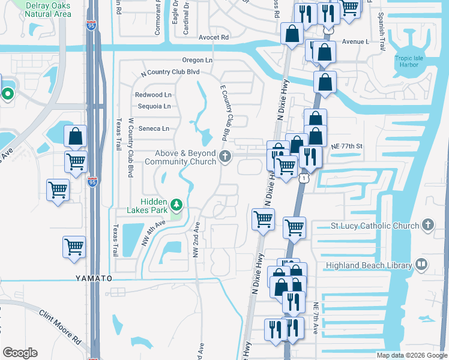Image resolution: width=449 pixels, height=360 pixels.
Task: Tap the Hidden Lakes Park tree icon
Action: click(176, 206)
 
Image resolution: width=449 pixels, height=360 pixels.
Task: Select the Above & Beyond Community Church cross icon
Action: click(225, 157)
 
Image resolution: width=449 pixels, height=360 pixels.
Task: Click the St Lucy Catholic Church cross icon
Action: click(427, 224)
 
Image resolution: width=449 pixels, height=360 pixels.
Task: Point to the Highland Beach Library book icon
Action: click(422, 265)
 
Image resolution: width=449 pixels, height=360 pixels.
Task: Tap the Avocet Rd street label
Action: click(214, 37)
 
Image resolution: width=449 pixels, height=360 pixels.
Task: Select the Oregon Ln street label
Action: click(198, 60)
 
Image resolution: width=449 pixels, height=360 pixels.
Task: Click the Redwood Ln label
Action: click(153, 95)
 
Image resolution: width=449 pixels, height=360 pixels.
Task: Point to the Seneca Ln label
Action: click(154, 128)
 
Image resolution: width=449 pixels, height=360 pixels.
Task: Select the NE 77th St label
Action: click(348, 146)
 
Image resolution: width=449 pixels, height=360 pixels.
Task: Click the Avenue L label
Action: click(355, 42)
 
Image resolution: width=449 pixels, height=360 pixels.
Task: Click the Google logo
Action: click(20, 353)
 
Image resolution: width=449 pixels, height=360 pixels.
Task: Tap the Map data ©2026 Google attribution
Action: click(411, 355)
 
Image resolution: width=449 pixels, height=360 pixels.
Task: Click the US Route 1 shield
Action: click(305, 179)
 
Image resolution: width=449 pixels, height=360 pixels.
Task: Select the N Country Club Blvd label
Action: click(170, 72)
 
